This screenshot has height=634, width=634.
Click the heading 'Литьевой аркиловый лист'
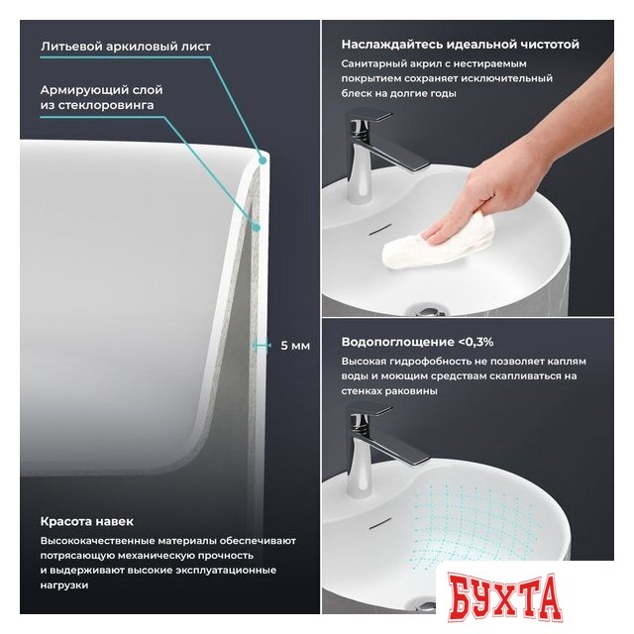coord(126,47)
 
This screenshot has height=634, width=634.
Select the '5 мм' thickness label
coord(295,346)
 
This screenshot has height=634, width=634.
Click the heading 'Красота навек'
coord(87,521)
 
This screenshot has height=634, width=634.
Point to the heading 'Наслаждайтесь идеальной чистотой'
coord(460,44)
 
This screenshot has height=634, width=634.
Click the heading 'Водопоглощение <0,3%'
coord(417,342)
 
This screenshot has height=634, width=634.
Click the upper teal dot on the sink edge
coord(263,160)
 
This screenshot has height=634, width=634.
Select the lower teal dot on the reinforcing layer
coord(256,228)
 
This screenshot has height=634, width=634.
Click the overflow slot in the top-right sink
coord(380,229)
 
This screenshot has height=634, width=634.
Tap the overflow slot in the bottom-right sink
coord(380,523)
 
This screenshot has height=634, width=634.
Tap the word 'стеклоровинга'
coord(106,105)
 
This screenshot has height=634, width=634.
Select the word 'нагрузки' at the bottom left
coord(63,585)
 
